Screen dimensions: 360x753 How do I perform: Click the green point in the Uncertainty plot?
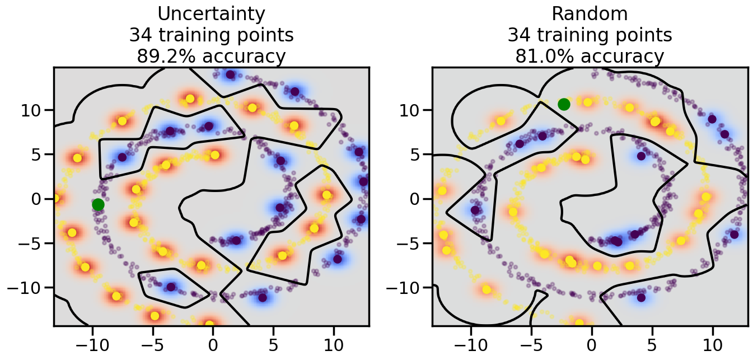click(98, 204)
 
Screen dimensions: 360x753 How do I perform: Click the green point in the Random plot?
click(564, 104)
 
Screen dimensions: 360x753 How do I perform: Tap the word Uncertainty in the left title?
click(211, 13)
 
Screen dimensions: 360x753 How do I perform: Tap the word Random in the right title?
click(590, 13)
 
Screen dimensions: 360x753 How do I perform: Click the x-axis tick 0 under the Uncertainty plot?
click(213, 343)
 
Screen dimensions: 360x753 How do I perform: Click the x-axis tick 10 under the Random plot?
click(712, 343)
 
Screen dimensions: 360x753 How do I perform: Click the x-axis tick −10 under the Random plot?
click(467, 343)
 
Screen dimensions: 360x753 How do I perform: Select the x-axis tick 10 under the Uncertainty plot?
click(334, 343)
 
